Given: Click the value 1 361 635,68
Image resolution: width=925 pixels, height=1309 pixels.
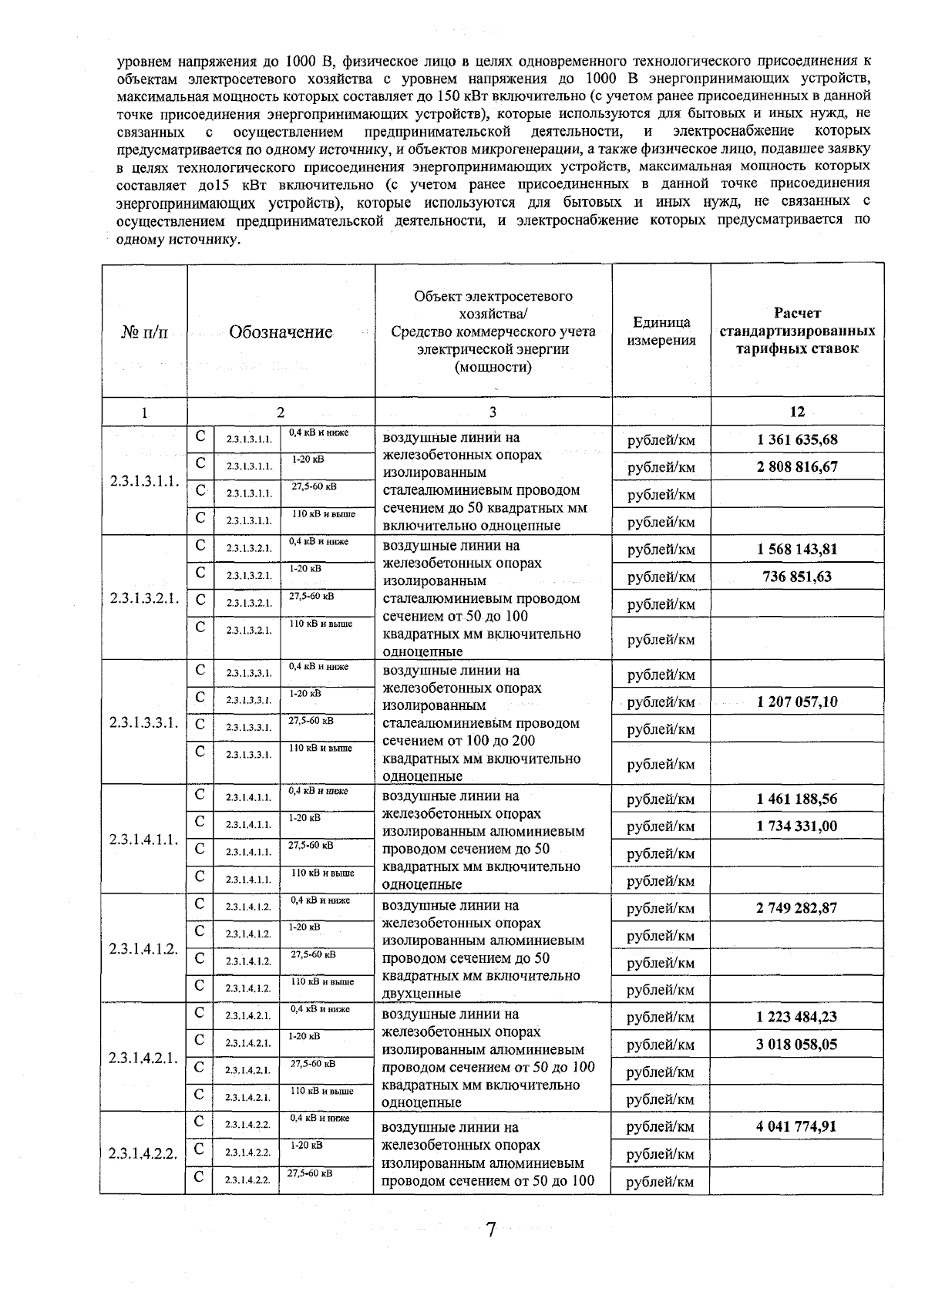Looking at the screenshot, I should point(797,440).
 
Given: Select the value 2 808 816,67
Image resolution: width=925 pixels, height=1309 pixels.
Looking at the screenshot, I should point(797,467).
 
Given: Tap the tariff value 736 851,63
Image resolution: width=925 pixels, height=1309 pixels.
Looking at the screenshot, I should point(797,577).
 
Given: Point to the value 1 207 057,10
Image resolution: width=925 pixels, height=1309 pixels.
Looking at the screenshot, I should point(797,702).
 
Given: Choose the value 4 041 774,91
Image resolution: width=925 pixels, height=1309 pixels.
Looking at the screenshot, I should point(797,1126).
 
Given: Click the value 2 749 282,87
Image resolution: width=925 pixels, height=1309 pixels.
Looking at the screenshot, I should point(797,908).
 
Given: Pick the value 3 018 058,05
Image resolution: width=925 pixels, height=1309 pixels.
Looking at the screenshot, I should point(797,1045).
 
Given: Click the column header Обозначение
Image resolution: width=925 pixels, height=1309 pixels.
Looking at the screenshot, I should point(281,332).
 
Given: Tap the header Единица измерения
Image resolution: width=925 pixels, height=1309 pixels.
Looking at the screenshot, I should point(661,331).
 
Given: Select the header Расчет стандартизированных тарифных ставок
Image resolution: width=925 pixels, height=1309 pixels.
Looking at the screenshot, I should point(797,331).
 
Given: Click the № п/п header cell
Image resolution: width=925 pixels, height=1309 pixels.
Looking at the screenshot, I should point(143,332).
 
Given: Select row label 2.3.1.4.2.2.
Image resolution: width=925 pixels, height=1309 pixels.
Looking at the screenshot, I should point(144,1154).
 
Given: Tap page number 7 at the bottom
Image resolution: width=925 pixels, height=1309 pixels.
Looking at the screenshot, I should point(490,1229).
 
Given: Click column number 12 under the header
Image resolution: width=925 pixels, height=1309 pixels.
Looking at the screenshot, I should point(797,412).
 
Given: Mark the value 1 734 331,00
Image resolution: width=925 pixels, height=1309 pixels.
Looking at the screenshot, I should point(797,826).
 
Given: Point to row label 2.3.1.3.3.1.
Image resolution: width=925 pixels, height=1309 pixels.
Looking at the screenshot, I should point(144,722).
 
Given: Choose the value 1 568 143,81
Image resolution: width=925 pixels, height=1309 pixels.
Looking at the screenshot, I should point(797,550).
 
